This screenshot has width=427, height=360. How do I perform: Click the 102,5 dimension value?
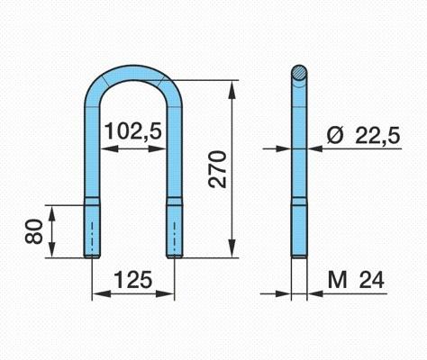click(x=133, y=131)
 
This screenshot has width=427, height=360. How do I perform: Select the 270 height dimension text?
click(x=218, y=169)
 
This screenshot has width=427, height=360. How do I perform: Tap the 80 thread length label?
click(x=33, y=231)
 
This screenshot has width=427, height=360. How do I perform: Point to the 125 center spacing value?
click(x=133, y=279)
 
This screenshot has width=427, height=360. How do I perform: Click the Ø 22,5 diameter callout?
click(x=363, y=136)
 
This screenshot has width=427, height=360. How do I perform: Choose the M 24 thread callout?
click(x=356, y=280)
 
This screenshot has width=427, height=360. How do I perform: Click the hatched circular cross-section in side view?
click(x=299, y=73)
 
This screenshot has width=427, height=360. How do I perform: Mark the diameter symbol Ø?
click(x=335, y=136)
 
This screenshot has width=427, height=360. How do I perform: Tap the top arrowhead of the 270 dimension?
click(x=232, y=89)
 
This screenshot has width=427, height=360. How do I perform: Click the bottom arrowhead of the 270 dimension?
click(x=232, y=248)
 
